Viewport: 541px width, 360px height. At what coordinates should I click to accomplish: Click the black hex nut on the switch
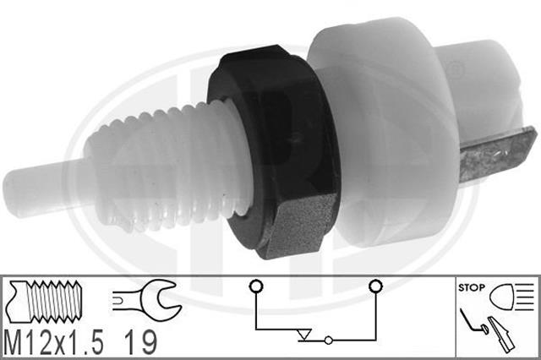click(272, 152)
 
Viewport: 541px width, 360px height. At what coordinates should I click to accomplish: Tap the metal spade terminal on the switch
click(497, 154)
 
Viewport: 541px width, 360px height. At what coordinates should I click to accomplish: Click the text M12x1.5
click(53, 342)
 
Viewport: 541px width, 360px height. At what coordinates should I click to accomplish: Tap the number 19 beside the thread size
click(140, 342)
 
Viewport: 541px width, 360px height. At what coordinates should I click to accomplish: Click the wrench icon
click(146, 300)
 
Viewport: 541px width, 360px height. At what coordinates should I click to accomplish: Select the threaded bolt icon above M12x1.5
click(45, 301)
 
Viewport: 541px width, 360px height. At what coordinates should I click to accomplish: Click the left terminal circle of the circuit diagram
click(255, 286)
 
